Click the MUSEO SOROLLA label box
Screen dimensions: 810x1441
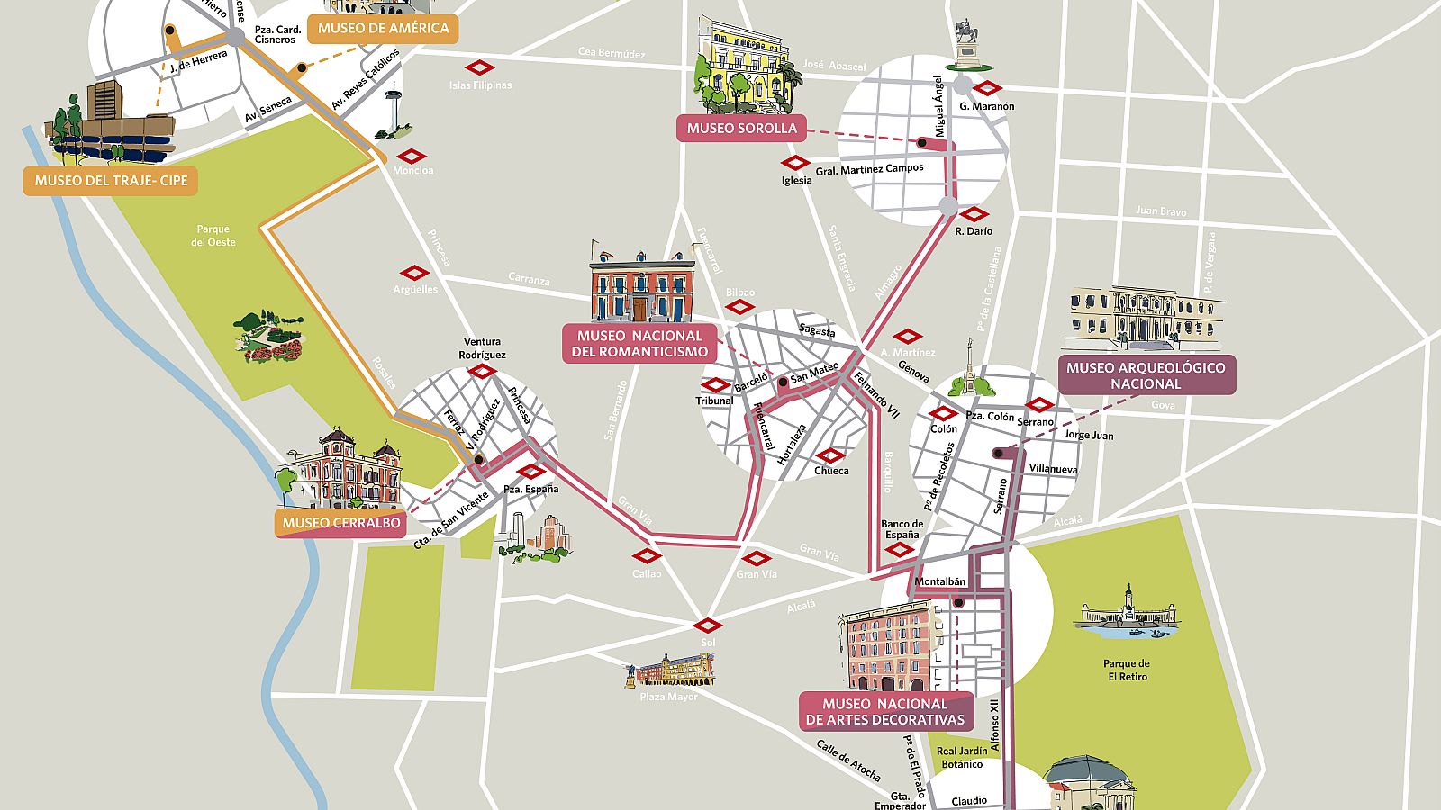(x=741, y=128)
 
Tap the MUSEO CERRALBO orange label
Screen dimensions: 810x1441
(x=341, y=523)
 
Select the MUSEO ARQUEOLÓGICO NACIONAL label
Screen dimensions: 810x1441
(x=1146, y=375)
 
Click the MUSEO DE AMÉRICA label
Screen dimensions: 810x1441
(x=383, y=28)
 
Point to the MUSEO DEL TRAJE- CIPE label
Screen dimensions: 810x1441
(x=111, y=181)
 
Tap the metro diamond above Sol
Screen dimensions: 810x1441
(x=708, y=625)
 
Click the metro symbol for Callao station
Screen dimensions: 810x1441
(x=647, y=556)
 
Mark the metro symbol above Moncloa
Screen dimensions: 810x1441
(x=411, y=156)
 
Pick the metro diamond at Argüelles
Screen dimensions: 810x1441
(x=414, y=273)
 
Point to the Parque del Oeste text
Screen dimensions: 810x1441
(x=213, y=236)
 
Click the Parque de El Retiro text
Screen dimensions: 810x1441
(x=1127, y=670)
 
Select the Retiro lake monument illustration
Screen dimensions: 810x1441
(x=1127, y=613)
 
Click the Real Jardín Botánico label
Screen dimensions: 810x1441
(x=961, y=758)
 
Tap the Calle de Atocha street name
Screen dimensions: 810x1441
(x=848, y=760)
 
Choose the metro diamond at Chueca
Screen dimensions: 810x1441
(x=829, y=455)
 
